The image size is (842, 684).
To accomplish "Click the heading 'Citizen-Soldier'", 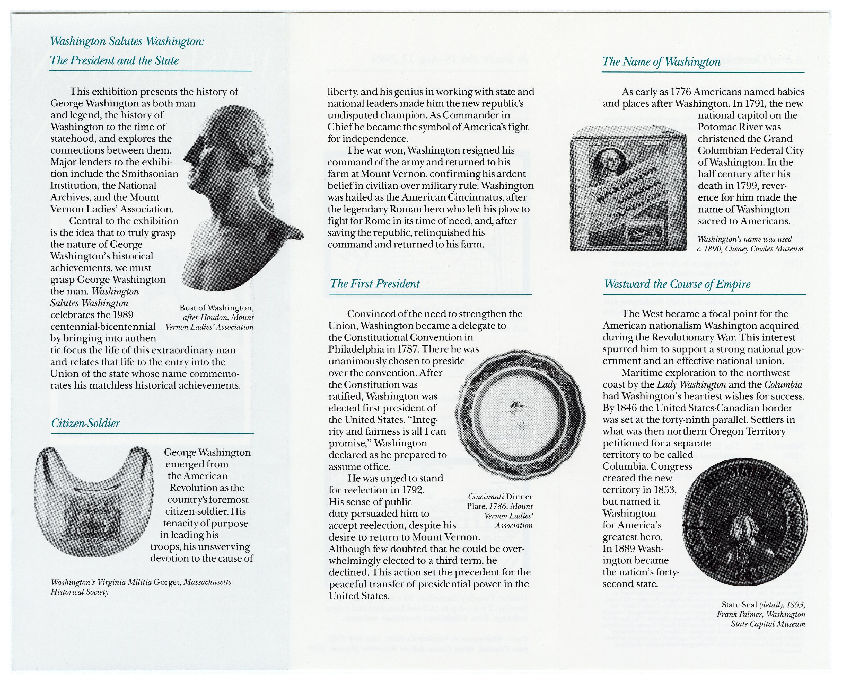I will pos(85,424).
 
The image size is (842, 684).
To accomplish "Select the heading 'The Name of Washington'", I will pos(661,62).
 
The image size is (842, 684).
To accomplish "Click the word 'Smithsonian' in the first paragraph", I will pos(150,174).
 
